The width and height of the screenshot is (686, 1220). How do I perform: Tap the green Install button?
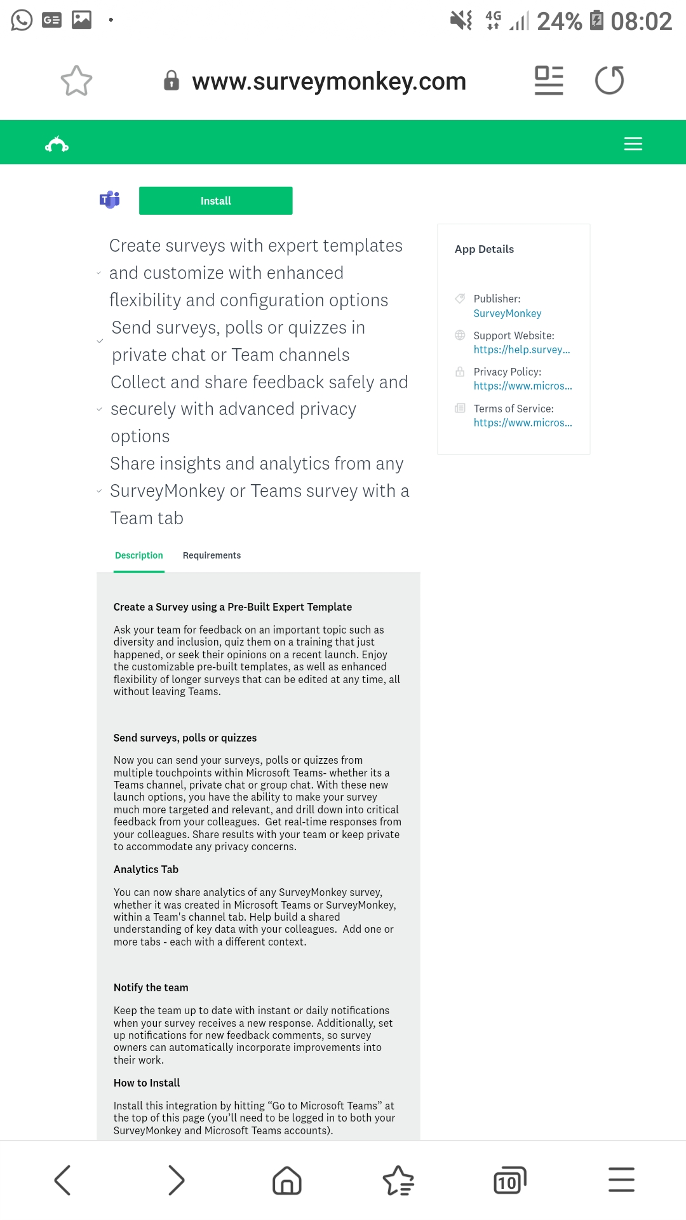(x=215, y=201)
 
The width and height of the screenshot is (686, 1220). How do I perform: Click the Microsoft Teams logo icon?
(x=110, y=200)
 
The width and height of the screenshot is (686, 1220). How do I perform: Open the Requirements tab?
(x=212, y=555)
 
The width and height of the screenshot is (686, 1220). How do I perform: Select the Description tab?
(x=138, y=555)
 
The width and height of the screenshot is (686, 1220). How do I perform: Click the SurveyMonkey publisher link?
(x=507, y=313)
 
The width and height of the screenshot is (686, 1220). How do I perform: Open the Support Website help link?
(x=521, y=349)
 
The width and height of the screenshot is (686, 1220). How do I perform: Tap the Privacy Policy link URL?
(x=522, y=386)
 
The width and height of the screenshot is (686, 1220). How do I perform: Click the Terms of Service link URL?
(x=522, y=423)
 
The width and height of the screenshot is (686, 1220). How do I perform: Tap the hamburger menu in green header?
(x=633, y=144)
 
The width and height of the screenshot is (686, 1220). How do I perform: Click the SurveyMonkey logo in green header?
(x=57, y=145)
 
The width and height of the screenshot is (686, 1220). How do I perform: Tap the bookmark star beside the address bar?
(x=76, y=81)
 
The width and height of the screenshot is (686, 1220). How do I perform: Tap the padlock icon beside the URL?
(x=171, y=81)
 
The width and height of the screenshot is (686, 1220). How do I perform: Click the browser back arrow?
(x=62, y=1180)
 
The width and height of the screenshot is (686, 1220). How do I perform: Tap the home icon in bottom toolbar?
(x=286, y=1181)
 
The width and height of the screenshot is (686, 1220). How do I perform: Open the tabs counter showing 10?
(x=509, y=1181)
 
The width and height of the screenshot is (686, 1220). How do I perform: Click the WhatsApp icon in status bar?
(x=22, y=20)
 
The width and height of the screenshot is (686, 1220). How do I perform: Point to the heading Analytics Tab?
(x=145, y=869)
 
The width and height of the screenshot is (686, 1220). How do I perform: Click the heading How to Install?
(x=146, y=1083)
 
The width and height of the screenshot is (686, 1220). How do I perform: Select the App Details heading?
(x=484, y=249)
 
